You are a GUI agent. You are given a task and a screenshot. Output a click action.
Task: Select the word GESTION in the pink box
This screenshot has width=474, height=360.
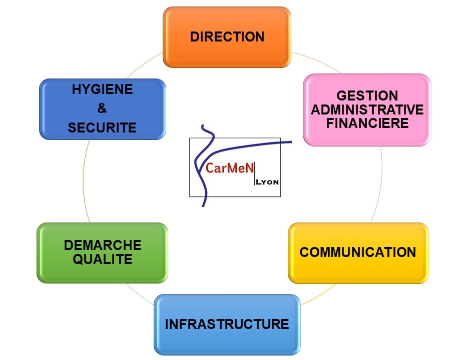(367, 95)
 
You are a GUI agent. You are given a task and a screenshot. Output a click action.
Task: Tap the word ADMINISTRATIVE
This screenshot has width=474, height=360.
(367, 109)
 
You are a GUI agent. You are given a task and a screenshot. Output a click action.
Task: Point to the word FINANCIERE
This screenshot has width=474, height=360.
(367, 123)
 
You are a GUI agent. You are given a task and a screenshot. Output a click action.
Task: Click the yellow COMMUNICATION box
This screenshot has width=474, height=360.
(358, 252)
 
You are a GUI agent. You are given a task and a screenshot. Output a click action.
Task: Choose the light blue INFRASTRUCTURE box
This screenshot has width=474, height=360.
(227, 324)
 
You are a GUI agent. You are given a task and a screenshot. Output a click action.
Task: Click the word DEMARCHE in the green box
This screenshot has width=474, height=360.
(103, 245)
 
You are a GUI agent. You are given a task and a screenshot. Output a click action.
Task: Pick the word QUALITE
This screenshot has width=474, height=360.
(103, 259)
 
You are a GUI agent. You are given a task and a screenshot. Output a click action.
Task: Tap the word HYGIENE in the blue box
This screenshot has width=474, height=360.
(102, 89)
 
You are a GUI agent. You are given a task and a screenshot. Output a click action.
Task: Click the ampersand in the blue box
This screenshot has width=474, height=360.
(102, 108)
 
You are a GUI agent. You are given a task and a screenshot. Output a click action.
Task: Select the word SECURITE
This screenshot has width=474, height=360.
(102, 127)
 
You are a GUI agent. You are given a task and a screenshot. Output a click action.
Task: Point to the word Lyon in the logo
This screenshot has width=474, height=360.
(267, 182)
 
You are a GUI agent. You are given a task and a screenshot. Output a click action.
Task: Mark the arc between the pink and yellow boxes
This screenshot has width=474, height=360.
(380, 185)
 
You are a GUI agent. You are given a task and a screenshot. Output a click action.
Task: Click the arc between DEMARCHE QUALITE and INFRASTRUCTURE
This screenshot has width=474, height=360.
(138, 292)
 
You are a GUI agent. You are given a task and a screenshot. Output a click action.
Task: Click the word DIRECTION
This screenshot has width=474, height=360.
(227, 36)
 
